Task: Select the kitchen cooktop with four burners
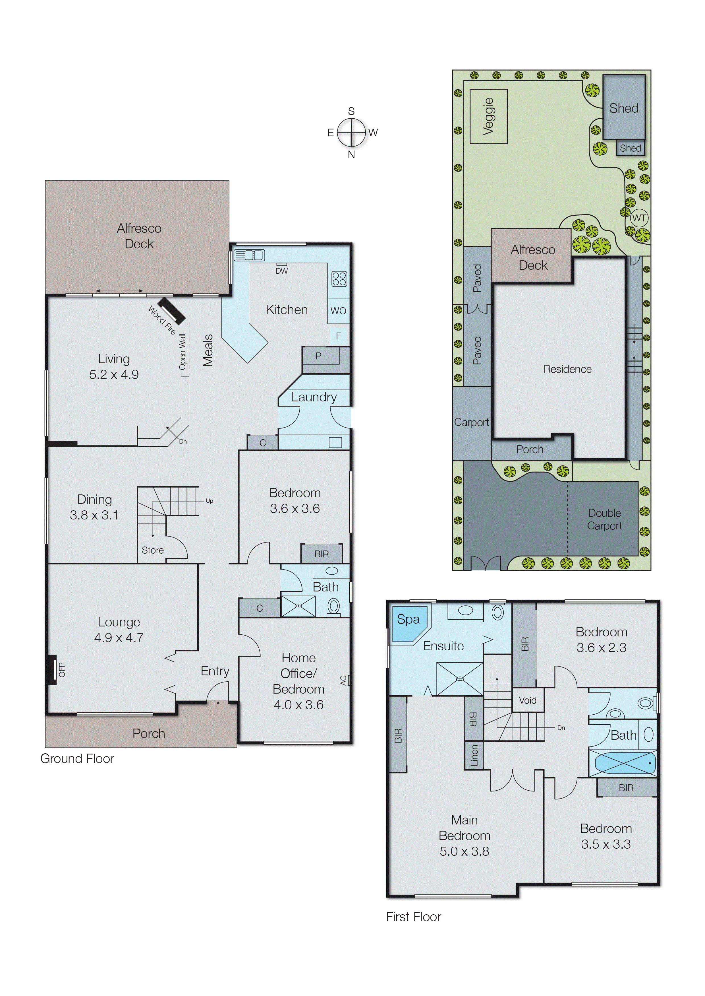(x=339, y=279)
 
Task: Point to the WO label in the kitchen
(x=338, y=311)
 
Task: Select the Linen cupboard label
(x=474, y=755)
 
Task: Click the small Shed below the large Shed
(x=630, y=148)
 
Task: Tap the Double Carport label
(x=604, y=519)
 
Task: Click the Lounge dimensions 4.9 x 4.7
(x=119, y=638)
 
